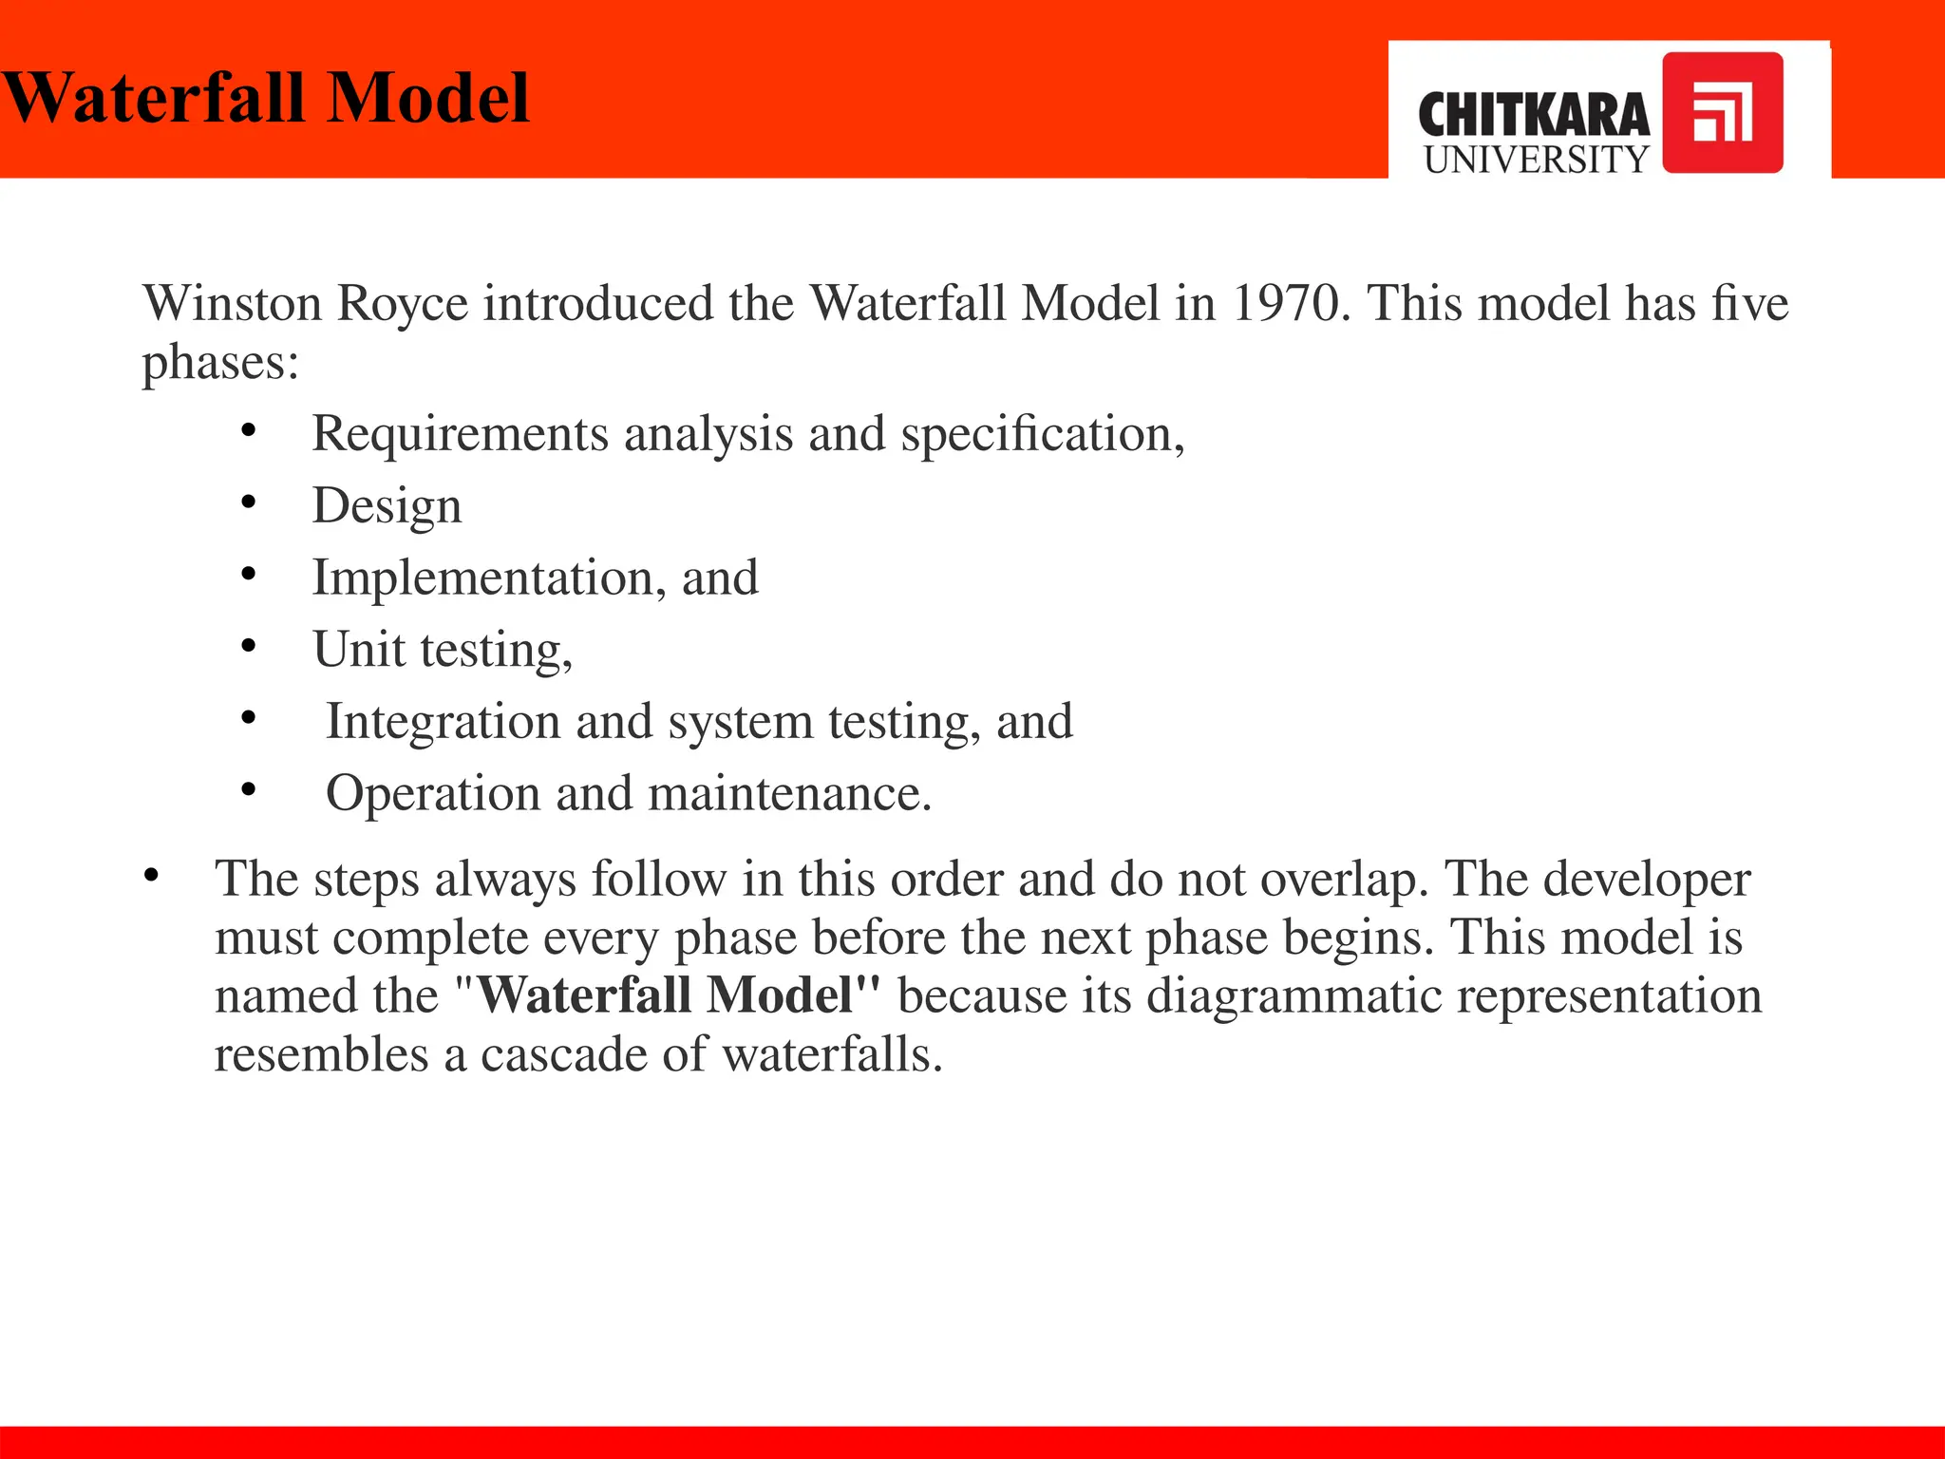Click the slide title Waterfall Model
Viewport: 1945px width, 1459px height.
pos(266,98)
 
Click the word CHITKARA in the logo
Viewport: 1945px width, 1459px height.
pos(1533,116)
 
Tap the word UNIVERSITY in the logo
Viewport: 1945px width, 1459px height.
pos(1536,160)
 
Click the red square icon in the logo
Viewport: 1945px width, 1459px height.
pos(1722,113)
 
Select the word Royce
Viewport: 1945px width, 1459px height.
pos(403,304)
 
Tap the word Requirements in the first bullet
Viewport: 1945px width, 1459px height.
pos(460,434)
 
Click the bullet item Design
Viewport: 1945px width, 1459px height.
pos(387,506)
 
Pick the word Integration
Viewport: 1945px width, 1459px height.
pos(443,722)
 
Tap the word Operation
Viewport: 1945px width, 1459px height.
pos(433,793)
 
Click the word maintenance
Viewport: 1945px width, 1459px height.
pos(788,793)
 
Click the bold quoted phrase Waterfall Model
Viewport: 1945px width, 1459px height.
pos(678,995)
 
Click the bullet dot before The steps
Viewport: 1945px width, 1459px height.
pos(150,877)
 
